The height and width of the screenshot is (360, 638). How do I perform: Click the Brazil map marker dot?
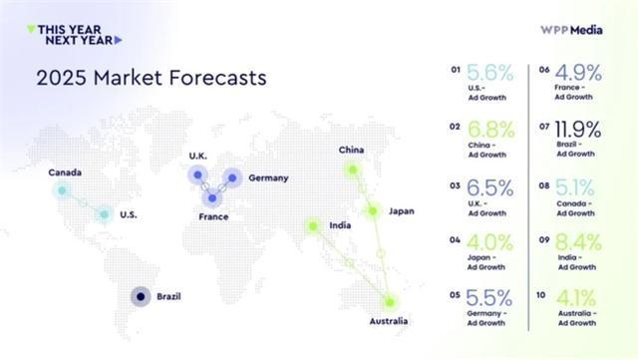click(x=141, y=297)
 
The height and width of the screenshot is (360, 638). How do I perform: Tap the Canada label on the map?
click(x=65, y=173)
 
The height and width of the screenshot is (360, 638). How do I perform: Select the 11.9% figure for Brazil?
click(x=578, y=130)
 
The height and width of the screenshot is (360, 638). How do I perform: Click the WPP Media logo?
click(x=571, y=30)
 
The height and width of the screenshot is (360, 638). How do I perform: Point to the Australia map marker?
click(x=390, y=302)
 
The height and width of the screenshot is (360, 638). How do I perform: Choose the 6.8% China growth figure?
click(x=491, y=130)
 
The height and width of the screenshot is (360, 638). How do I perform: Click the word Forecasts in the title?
click(x=217, y=78)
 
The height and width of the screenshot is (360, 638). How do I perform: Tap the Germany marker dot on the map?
click(x=232, y=178)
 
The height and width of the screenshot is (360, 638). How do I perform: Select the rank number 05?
click(x=455, y=295)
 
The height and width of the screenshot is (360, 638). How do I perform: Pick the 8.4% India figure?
click(x=578, y=242)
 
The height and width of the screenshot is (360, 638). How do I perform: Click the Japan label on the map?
click(x=401, y=211)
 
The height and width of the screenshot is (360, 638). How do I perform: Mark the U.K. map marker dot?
click(x=197, y=176)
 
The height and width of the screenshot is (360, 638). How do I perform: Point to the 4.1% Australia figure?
click(x=576, y=298)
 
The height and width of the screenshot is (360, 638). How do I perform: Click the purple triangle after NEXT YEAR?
click(x=118, y=40)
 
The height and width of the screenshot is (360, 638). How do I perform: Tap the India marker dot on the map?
click(x=313, y=225)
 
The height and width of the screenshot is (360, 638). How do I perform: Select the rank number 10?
click(x=540, y=295)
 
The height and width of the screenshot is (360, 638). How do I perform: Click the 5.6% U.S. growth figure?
click(x=489, y=73)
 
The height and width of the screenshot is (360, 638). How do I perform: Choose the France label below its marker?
click(x=213, y=216)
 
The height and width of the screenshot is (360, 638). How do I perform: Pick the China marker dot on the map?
click(x=353, y=170)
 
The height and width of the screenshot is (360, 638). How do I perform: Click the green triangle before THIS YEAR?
click(x=31, y=29)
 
